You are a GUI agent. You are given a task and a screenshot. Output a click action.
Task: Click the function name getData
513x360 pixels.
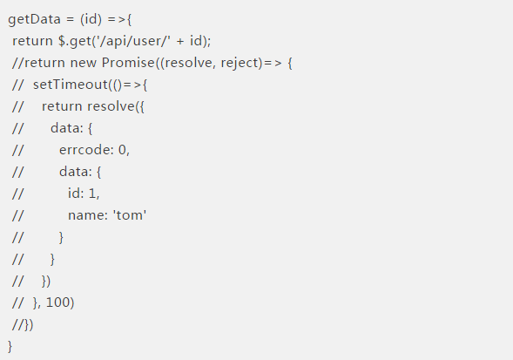click(34, 19)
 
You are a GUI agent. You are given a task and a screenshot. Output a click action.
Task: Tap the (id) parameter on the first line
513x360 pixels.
click(91, 19)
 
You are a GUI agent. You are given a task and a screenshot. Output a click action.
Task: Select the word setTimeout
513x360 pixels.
click(71, 85)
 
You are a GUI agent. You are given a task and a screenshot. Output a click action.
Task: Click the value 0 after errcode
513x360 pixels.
click(122, 150)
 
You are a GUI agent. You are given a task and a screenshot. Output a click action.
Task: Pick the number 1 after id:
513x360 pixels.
click(92, 194)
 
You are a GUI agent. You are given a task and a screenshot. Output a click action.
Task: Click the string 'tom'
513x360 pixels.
click(130, 215)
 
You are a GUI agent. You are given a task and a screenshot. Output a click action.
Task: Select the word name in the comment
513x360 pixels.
click(86, 215)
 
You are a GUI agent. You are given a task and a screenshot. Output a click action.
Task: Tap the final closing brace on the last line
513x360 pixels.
click(10, 347)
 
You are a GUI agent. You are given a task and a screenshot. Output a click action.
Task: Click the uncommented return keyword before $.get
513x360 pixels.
click(32, 41)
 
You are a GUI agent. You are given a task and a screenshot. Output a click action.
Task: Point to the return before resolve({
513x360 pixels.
click(62, 106)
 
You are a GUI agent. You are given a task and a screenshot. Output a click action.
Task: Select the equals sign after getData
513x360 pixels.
click(71, 20)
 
